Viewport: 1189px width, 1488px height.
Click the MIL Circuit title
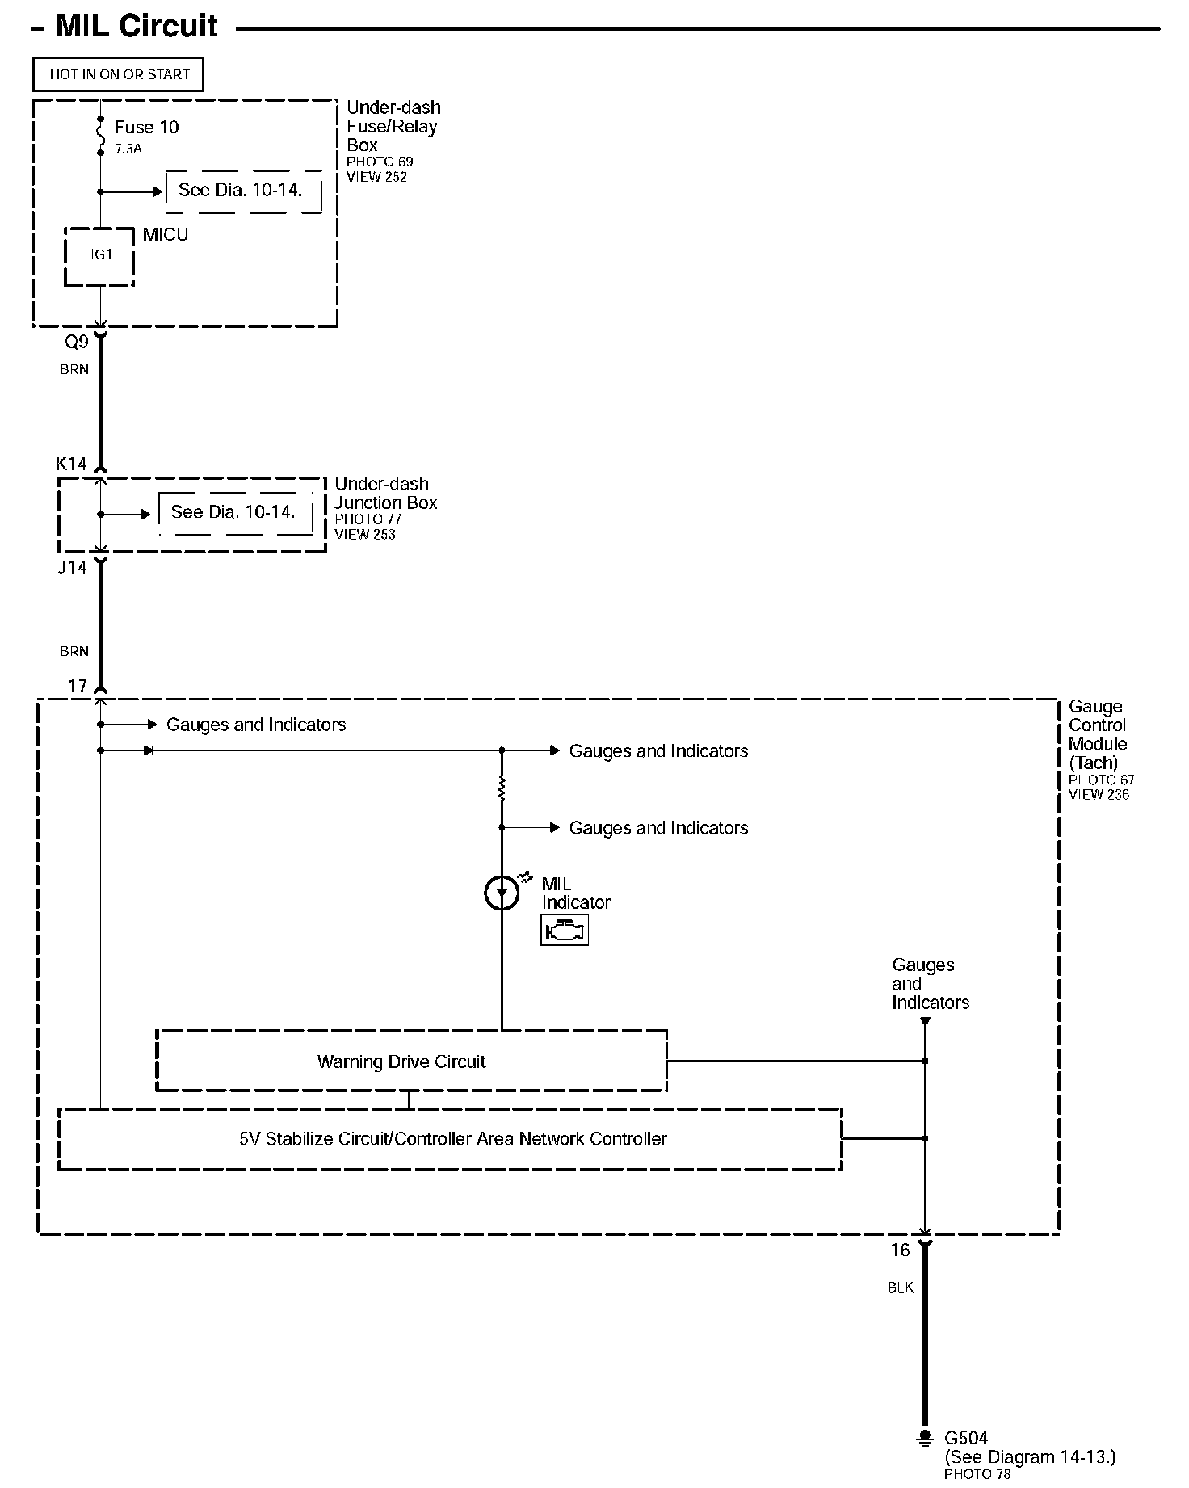136,27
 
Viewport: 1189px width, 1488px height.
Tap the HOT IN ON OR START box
119,74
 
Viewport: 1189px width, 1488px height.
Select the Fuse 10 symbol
100,135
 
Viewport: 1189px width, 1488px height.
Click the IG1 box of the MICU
99,255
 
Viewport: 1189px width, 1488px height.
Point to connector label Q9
77,343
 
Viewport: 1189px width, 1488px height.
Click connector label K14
71,464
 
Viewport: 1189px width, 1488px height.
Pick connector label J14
72,568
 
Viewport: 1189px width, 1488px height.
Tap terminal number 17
77,686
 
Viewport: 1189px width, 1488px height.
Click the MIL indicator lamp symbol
502,893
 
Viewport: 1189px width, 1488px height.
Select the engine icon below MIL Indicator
564,931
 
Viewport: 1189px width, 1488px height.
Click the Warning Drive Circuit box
411,1061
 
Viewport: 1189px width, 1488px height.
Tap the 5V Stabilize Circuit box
450,1139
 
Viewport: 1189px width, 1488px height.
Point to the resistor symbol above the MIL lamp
502,789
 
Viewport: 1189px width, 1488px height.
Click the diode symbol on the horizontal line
149,750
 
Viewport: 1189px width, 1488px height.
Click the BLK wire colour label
900,1288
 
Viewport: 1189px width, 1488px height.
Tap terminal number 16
900,1251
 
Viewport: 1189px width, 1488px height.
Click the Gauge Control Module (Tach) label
1097,734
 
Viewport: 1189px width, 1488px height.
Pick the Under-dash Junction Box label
385,494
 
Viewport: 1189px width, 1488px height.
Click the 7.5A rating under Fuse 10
128,149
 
